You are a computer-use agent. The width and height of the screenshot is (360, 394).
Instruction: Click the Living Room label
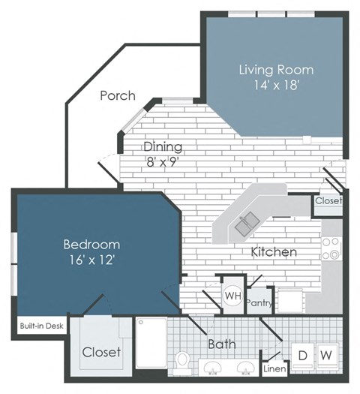tap(276, 70)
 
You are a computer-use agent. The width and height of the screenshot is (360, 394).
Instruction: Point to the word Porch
tap(118, 95)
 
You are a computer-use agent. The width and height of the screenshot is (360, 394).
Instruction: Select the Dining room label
tap(163, 146)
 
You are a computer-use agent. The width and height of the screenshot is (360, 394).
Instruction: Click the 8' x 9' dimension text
tap(163, 160)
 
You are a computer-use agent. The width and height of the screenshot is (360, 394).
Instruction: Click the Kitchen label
tap(274, 252)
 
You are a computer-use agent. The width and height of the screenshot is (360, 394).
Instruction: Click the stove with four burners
tap(331, 248)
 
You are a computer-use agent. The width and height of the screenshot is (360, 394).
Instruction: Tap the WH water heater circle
tap(232, 295)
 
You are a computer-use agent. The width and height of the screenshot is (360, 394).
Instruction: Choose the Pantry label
tap(259, 303)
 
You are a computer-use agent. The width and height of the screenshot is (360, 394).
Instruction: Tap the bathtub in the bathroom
tap(151, 342)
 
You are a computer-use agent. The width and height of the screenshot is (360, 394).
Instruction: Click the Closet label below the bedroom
tap(101, 352)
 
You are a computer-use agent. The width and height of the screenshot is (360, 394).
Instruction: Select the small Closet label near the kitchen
tap(328, 201)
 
